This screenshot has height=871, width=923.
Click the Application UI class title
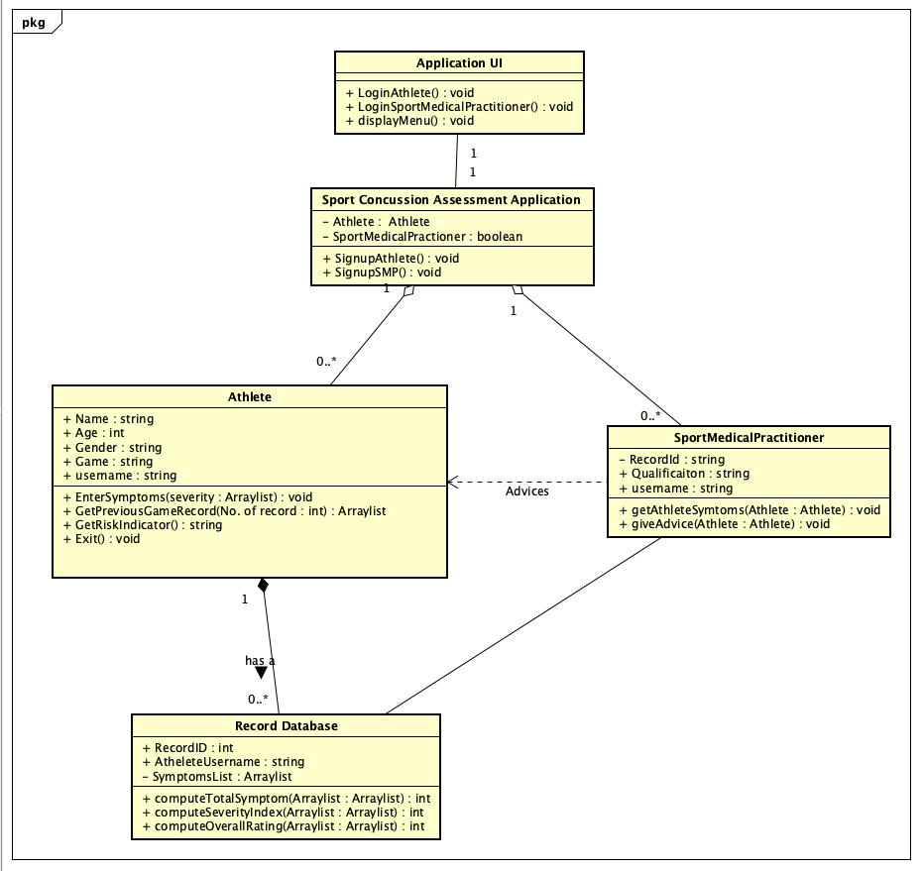click(459, 63)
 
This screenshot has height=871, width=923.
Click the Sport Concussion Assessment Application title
click(451, 199)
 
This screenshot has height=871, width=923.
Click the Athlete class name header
click(249, 397)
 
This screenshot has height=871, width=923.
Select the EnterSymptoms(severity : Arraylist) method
click(186, 497)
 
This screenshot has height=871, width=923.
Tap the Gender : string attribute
click(111, 448)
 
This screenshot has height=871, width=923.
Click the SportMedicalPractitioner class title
click(749, 437)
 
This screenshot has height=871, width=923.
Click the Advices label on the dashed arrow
click(526, 491)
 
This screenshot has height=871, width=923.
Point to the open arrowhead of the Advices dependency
click(453, 483)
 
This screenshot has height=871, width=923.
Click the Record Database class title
click(286, 726)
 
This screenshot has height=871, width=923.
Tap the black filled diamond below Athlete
click(263, 586)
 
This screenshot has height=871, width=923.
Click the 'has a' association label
click(260, 660)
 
